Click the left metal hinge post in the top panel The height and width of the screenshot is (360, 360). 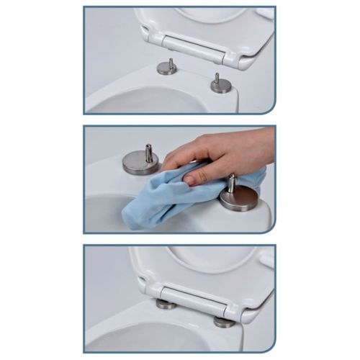(x=167, y=68)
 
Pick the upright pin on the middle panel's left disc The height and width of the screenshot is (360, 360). (x=149, y=152)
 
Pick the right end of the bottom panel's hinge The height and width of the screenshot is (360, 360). (x=234, y=311)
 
